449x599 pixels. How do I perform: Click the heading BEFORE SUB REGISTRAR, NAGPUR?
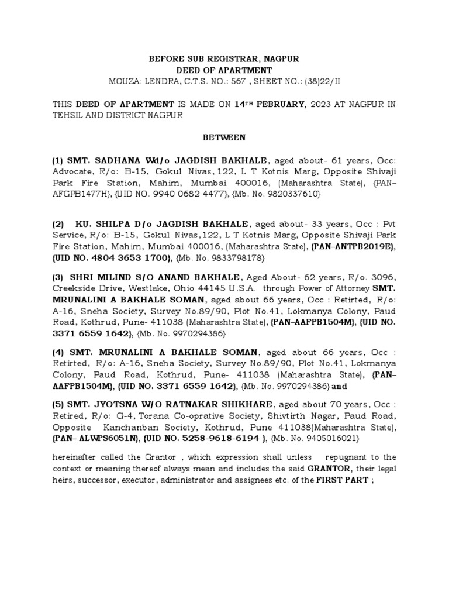(224, 59)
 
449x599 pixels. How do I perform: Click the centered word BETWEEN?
(224, 138)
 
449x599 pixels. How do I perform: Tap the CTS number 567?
(220, 81)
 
